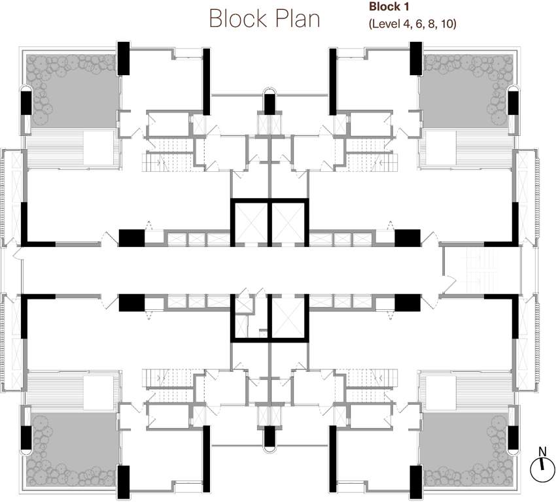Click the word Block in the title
pyautogui.click(x=238, y=18)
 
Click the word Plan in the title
pyautogui.click(x=298, y=18)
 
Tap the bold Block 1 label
pyautogui.click(x=389, y=7)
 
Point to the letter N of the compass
pyautogui.click(x=542, y=452)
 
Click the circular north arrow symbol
pyautogui.click(x=542, y=469)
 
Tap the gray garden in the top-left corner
pyautogui.click(x=72, y=91)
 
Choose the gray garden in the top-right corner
pyautogui.click(x=466, y=91)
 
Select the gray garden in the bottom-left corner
pyautogui.click(x=72, y=449)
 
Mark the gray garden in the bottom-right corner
pyautogui.click(x=466, y=449)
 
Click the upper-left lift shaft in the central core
pyautogui.click(x=251, y=222)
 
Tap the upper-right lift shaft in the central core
pyautogui.click(x=288, y=222)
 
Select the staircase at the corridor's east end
pyautogui.click(x=482, y=271)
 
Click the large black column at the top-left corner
pyautogui.click(x=124, y=58)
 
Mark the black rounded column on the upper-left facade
pyautogui.click(x=27, y=100)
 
